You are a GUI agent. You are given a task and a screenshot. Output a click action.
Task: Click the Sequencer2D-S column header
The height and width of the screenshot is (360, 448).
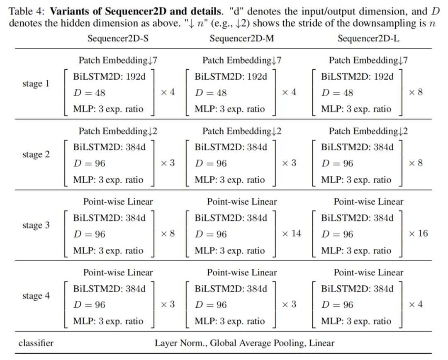point(118,39)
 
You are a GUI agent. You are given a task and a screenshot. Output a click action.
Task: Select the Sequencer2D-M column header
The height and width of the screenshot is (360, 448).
point(242,39)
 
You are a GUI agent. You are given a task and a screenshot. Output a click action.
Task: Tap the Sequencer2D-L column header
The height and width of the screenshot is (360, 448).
point(368,39)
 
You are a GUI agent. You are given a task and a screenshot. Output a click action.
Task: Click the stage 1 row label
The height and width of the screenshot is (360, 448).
point(36,84)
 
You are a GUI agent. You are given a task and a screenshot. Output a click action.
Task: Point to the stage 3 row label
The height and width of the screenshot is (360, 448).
point(36,226)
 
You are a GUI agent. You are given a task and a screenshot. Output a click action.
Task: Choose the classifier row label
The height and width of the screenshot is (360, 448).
point(36,343)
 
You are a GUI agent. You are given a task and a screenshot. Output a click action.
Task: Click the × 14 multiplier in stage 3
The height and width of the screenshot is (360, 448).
point(291,234)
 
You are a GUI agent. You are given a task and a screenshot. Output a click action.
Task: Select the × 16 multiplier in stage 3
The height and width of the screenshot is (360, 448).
point(418,234)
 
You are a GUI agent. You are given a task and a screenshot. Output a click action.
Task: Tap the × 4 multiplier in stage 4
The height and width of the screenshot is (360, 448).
point(416,304)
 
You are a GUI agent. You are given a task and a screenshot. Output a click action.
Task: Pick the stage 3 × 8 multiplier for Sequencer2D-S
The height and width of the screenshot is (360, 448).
point(168,234)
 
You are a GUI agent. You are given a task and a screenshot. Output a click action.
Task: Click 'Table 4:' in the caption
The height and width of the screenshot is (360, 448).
point(27,11)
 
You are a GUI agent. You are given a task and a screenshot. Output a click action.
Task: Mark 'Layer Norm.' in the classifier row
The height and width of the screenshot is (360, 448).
point(181,343)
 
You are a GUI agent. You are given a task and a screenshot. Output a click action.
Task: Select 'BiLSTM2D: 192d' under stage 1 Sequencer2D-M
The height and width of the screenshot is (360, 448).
point(231,76)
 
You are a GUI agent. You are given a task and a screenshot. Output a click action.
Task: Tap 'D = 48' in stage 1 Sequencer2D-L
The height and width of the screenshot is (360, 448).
point(337,93)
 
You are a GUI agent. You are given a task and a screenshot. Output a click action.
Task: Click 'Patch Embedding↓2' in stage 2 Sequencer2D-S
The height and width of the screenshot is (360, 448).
point(118,131)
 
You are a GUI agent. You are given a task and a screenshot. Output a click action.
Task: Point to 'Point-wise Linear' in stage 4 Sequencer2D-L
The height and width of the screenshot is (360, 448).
point(368,272)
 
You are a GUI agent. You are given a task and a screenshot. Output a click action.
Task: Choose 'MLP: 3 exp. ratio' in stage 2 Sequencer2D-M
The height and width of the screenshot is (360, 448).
point(229,180)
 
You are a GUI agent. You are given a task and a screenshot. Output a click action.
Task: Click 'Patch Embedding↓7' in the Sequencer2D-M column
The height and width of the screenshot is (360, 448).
point(242,60)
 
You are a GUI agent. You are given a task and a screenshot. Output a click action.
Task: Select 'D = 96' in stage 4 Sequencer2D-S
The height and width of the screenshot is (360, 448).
point(89,305)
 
